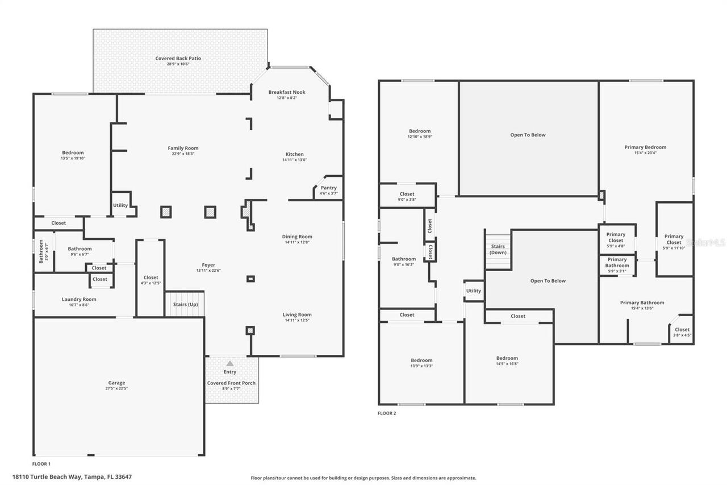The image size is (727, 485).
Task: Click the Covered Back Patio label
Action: pyautogui.click(x=178, y=59)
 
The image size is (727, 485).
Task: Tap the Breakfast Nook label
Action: pyautogui.click(x=286, y=92)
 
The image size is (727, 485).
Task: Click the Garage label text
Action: pyautogui.click(x=116, y=383)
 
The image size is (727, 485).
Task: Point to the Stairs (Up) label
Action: pyautogui.click(x=185, y=305)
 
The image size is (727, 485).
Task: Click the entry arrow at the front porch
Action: pyautogui.click(x=230, y=363)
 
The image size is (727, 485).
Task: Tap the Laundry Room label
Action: pyautogui.click(x=79, y=299)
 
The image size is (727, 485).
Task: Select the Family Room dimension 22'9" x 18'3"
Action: pyautogui.click(x=183, y=154)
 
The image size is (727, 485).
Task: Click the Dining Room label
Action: pyautogui.click(x=297, y=237)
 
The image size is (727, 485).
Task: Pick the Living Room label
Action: pyautogui.click(x=297, y=314)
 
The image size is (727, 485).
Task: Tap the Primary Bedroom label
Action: pyautogui.click(x=645, y=147)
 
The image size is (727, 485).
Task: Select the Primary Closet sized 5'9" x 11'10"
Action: pyautogui.click(x=674, y=239)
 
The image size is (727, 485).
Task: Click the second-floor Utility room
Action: pyautogui.click(x=474, y=291)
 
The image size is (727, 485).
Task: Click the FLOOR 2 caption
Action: pyautogui.click(x=387, y=413)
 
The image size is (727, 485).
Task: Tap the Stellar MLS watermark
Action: pyautogui.click(x=706, y=242)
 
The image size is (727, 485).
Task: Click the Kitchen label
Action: pyautogui.click(x=294, y=154)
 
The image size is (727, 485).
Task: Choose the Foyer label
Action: pyautogui.click(x=208, y=265)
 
